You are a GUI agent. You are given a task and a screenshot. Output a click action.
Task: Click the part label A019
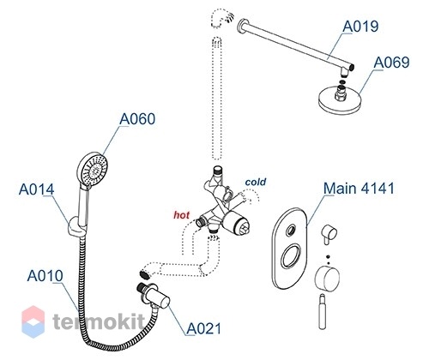point(360,26)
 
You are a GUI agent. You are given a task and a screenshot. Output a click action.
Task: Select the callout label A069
point(391,62)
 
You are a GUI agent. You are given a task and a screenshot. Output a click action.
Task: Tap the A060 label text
point(137,118)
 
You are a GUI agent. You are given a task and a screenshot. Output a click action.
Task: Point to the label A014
point(36,189)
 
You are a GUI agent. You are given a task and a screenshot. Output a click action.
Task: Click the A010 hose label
point(45,276)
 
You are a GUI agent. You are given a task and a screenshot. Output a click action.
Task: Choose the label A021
point(204,328)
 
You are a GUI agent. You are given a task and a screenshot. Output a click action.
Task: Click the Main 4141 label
point(359,189)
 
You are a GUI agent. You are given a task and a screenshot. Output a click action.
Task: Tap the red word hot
point(181,215)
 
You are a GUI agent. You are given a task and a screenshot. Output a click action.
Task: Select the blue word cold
point(256,182)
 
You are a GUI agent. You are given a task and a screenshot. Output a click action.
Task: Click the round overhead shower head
point(339,99)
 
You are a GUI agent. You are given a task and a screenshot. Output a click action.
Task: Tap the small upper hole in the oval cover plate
point(292,230)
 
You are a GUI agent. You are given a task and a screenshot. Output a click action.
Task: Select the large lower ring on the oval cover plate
point(292,257)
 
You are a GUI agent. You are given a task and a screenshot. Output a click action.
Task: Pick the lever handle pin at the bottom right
point(323,311)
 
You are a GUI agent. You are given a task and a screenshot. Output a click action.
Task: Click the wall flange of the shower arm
point(242,26)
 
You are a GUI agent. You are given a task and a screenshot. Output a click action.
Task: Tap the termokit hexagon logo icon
point(33,321)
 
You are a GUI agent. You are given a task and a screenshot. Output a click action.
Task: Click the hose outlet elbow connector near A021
point(154,297)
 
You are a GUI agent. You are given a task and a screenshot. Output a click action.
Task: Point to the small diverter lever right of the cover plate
point(329,233)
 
